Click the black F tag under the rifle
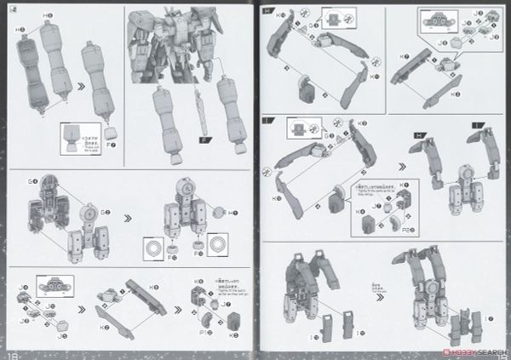204,140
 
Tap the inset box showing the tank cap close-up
75,136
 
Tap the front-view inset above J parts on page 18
51,284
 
